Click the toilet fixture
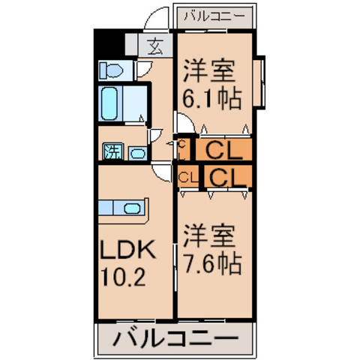click(x=111, y=70)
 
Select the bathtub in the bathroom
click(x=109, y=103)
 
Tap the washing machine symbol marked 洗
click(x=113, y=151)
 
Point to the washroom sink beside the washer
click(x=138, y=153)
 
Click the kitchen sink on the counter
click(x=132, y=208)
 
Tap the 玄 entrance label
click(x=155, y=46)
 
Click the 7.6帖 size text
click(x=212, y=263)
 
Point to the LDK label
click(x=127, y=249)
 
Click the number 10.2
click(x=123, y=277)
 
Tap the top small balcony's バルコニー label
click(x=214, y=16)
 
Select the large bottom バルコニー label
click(x=175, y=339)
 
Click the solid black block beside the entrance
click(x=109, y=44)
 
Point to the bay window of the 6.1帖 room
click(x=259, y=82)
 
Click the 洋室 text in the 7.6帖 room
click(x=209, y=236)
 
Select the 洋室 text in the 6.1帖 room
click(x=209, y=70)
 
